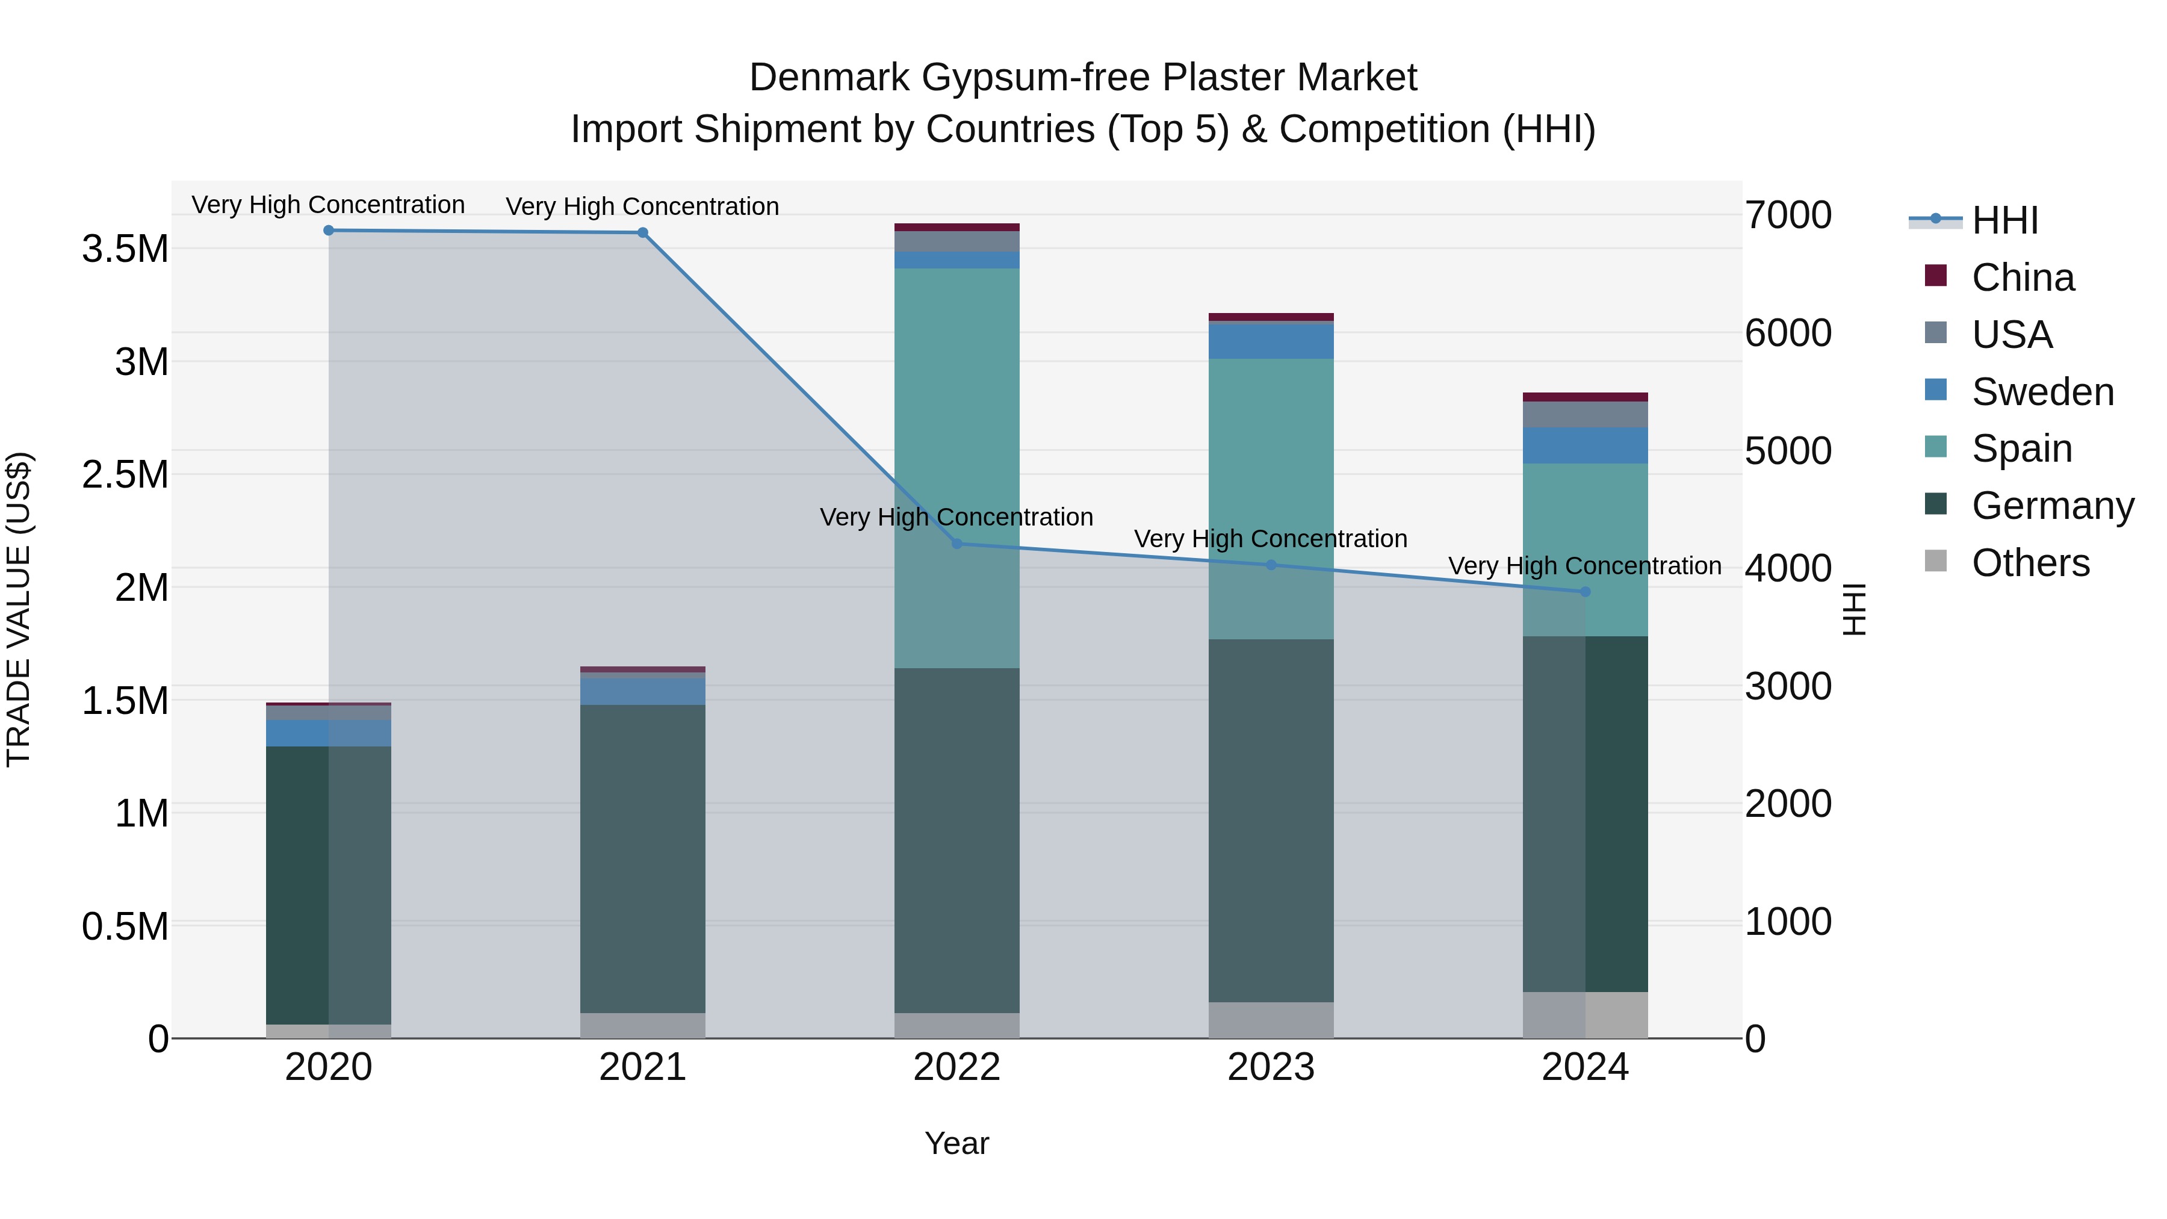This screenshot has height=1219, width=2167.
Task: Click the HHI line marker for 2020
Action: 329,231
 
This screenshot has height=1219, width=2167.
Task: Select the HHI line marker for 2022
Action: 956,544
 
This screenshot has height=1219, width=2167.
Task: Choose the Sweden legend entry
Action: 2042,392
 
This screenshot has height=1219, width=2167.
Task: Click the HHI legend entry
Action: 2004,220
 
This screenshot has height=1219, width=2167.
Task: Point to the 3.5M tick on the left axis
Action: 125,249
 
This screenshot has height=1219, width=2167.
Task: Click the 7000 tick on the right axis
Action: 1788,216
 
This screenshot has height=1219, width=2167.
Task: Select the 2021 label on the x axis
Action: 643,1067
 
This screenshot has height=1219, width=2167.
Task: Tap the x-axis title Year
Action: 956,1143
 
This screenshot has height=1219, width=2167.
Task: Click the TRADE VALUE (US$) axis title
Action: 19,609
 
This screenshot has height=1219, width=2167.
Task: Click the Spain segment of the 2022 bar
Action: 956,421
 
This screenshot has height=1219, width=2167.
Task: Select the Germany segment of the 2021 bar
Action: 643,858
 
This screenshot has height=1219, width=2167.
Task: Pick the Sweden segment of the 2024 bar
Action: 1585,445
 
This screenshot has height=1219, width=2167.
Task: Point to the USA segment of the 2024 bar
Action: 1585,415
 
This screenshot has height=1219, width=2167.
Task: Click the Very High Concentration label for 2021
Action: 643,207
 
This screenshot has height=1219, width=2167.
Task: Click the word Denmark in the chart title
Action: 829,78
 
